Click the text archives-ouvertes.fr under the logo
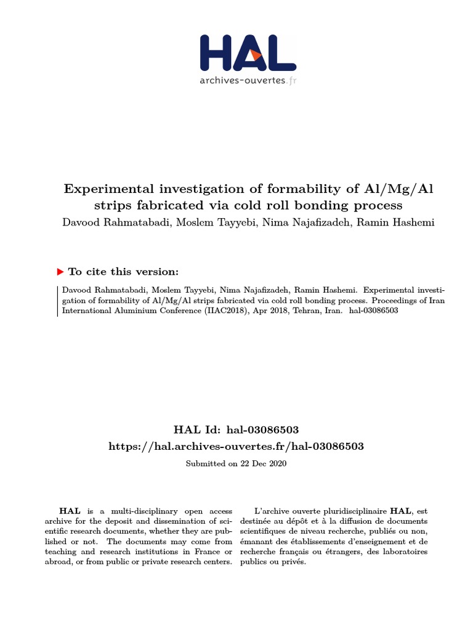[247, 80]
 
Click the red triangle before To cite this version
[60, 272]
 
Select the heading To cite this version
[124, 272]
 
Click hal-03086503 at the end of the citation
[373, 311]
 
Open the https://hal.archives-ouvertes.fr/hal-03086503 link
[236, 446]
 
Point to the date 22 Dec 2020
[263, 463]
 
